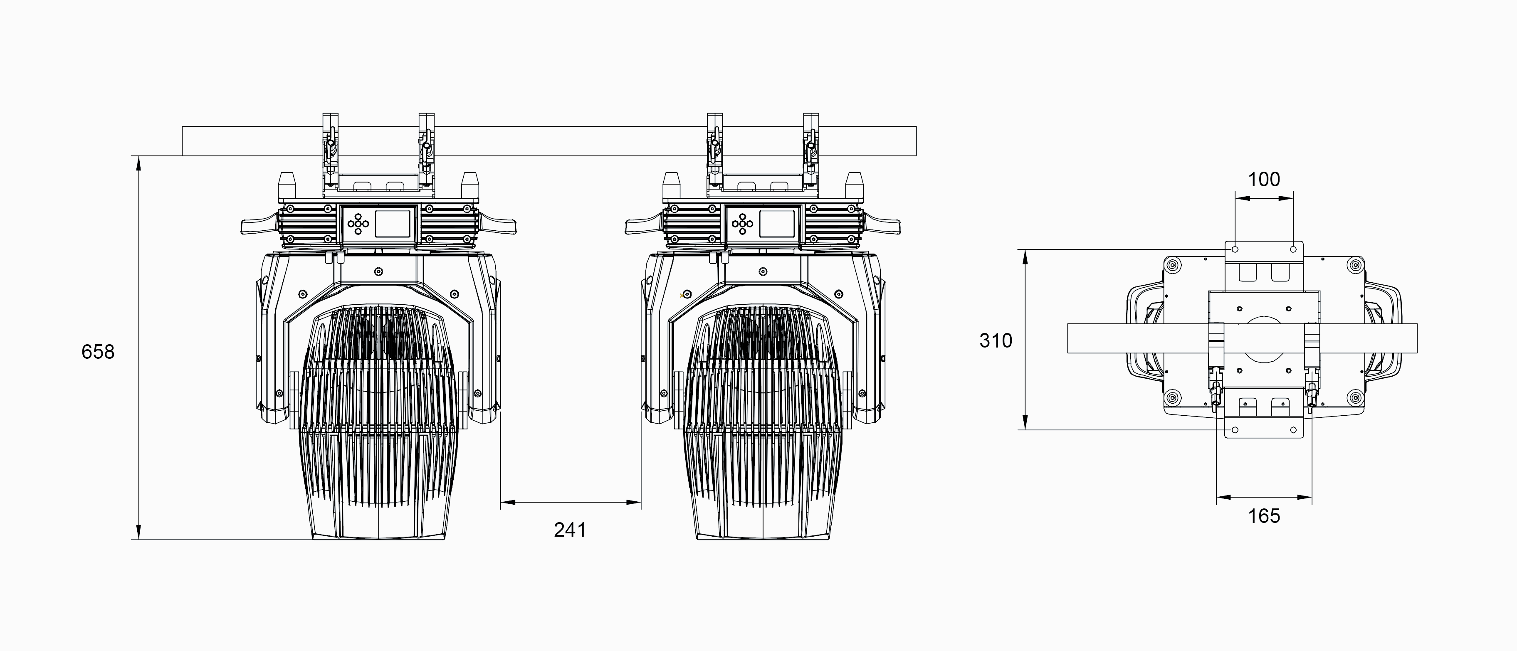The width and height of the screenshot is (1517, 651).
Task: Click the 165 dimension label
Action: tap(1264, 516)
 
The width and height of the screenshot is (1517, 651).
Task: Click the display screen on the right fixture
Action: tap(777, 224)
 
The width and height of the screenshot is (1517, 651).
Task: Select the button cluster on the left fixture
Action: tap(358, 224)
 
